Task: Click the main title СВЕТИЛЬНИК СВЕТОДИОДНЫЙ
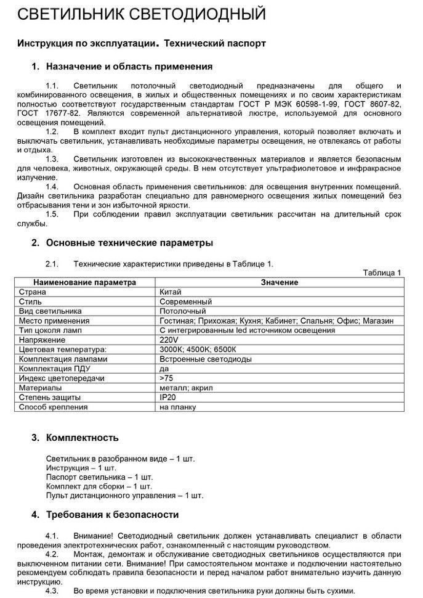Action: pyautogui.click(x=142, y=15)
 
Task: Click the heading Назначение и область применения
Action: pyautogui.click(x=129, y=66)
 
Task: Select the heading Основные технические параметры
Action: pyautogui.click(x=130, y=242)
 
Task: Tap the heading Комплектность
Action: pyautogui.click(x=83, y=438)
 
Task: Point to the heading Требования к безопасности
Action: pyautogui.click(x=113, y=514)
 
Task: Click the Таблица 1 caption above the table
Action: pyautogui.click(x=382, y=272)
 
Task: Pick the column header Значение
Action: pyautogui.click(x=279, y=282)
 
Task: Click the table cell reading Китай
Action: pyautogui.click(x=171, y=292)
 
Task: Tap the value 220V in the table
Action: pyautogui.click(x=169, y=340)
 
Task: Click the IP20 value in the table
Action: pyautogui.click(x=167, y=398)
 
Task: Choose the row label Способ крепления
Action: pyautogui.click(x=53, y=407)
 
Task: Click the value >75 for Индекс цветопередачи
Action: pyautogui.click(x=166, y=378)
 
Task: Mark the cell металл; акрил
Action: pyautogui.click(x=185, y=388)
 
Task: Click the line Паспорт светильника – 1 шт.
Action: pyautogui.click(x=100, y=477)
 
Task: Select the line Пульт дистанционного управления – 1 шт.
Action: pyautogui.click(x=124, y=495)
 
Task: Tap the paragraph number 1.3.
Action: pyautogui.click(x=52, y=158)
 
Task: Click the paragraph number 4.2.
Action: pyautogui.click(x=52, y=554)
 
